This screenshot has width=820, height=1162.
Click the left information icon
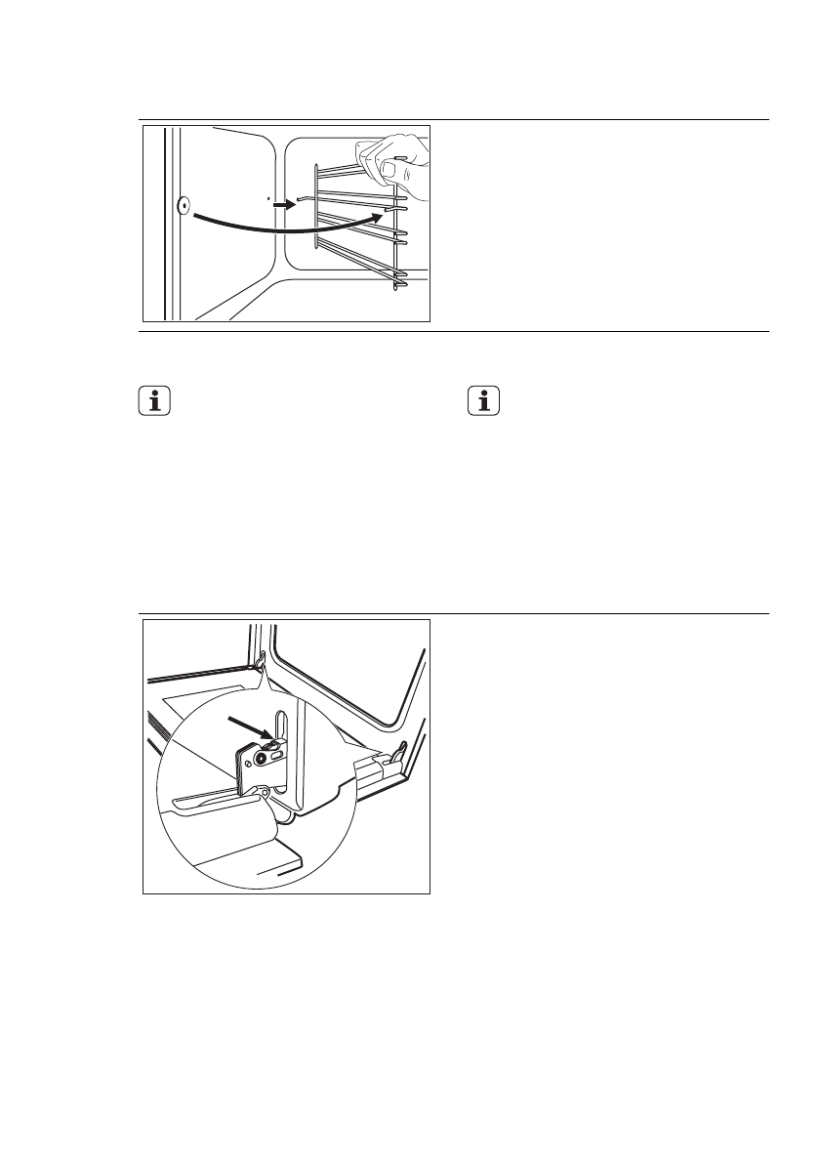pyautogui.click(x=155, y=403)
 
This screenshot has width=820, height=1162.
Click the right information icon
pyautogui.click(x=482, y=403)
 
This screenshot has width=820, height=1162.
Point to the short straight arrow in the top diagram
pyautogui.click(x=283, y=206)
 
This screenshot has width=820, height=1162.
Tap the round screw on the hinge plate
pyautogui.click(x=261, y=758)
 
